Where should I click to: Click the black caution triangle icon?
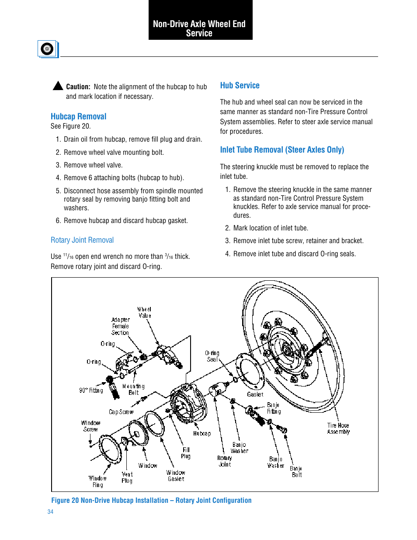point(58,86)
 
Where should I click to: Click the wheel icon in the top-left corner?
point(47,49)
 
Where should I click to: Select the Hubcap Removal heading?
point(78,116)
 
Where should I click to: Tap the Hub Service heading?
point(240,85)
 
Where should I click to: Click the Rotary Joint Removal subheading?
point(82,240)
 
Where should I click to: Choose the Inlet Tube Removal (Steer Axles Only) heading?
point(282,150)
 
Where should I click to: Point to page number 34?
point(50,512)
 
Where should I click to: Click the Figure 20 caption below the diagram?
point(151,500)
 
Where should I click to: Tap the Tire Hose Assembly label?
point(338,429)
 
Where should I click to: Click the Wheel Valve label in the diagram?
point(145,312)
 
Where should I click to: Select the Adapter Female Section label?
point(120,326)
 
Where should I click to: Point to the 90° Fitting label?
point(91,390)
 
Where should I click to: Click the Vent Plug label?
point(127,477)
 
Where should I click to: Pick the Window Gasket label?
point(176,476)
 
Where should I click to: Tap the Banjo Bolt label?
point(296,471)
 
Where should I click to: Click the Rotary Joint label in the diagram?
point(225,461)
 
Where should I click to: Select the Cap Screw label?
point(121,412)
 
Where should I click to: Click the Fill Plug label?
point(186,453)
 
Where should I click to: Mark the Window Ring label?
point(97,481)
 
